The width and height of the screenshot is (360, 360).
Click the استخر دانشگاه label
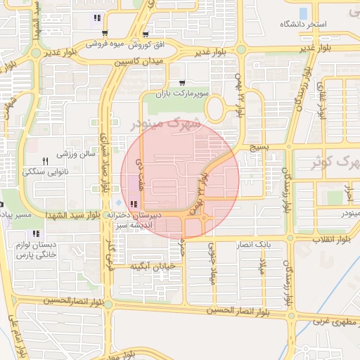304,24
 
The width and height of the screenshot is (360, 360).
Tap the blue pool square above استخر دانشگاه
304,13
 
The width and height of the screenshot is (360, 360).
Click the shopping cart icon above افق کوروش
146,34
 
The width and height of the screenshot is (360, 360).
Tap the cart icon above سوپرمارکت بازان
183,83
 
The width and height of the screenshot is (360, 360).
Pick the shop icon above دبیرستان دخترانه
134,204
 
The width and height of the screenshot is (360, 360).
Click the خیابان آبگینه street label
151,266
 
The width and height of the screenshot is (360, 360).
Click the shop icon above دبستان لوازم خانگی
36,233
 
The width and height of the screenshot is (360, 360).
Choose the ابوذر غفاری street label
323,103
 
